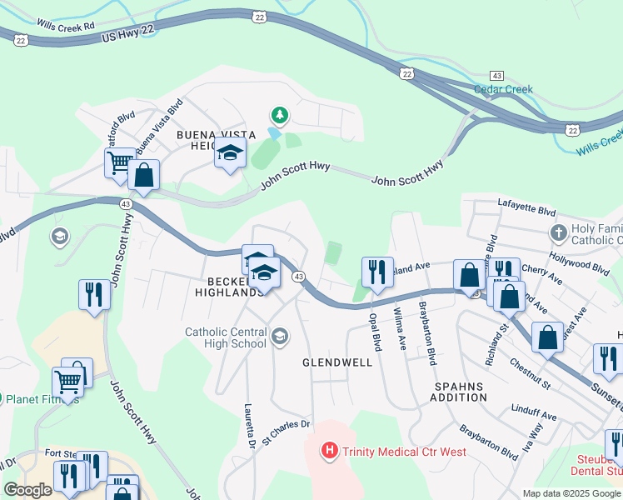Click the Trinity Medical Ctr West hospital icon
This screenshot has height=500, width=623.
(x=330, y=452)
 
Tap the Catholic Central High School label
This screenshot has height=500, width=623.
(x=226, y=337)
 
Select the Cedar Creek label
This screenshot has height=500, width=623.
(x=502, y=89)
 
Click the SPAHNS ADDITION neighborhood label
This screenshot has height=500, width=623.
(x=459, y=392)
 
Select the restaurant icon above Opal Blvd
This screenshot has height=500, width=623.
(x=376, y=271)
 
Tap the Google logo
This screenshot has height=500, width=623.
(x=27, y=490)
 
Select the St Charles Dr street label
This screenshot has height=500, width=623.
(x=286, y=430)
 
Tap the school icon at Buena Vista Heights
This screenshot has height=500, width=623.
(x=230, y=153)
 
